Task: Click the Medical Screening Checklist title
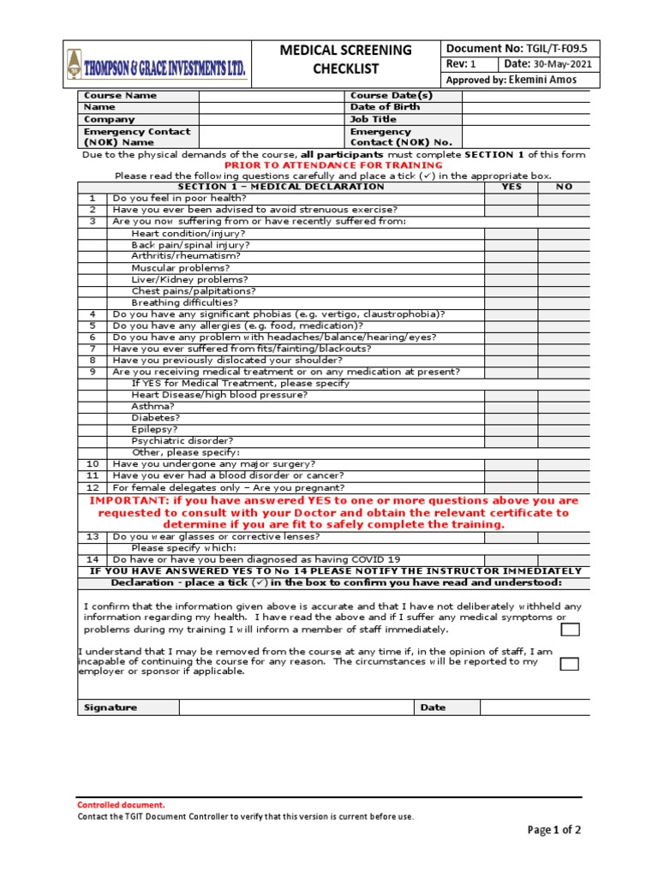pos(345,59)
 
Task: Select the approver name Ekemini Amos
pos(544,80)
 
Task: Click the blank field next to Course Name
pos(271,96)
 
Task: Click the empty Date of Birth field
pos(525,108)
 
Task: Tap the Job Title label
pos(374,120)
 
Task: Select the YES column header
pos(511,187)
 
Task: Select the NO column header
pos(564,187)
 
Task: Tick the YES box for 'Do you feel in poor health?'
pos(511,198)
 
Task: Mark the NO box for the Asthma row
pos(564,407)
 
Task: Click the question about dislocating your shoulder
pos(226,361)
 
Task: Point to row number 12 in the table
pos(93,487)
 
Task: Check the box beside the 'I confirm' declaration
pos(570,630)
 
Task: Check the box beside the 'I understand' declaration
pos(570,664)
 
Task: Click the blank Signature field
pos(296,707)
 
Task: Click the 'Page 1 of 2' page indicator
pos(554,830)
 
